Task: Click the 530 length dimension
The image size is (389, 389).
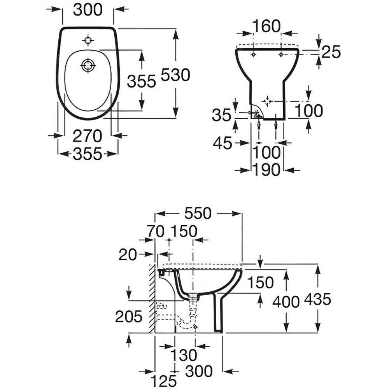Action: pos(175,75)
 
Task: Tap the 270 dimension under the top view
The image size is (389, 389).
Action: pos(87,136)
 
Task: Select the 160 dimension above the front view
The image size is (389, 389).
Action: pos(267,26)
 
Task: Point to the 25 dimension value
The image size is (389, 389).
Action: pos(331,52)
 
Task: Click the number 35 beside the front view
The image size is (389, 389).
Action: pos(222,116)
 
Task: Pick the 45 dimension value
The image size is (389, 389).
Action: pos(223,143)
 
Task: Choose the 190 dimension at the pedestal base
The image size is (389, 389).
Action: pos(266,170)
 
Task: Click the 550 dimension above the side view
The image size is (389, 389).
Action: pos(198,213)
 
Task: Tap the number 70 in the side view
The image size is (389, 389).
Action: pos(156,231)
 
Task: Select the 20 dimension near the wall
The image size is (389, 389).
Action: pos(128,254)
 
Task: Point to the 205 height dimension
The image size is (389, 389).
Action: pos(128,317)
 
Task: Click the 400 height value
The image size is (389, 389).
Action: pos(286,302)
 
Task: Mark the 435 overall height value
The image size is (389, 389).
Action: pos(317,299)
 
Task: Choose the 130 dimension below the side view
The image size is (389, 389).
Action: pos(184,355)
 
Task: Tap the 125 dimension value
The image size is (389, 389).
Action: pos(164,381)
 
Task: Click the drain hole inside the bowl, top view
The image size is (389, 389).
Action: pos(88,65)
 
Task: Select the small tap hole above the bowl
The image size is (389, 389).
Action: pos(88,40)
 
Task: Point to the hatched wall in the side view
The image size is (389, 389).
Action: pos(152,299)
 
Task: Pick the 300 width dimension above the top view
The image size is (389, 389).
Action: pos(88,10)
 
